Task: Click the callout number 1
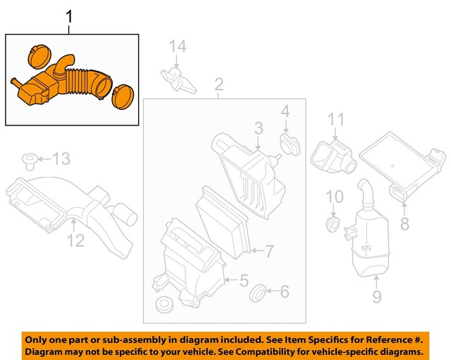(x=69, y=15)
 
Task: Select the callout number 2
(x=218, y=86)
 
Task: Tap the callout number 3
(x=259, y=128)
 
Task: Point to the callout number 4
(x=285, y=111)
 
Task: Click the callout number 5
(x=243, y=281)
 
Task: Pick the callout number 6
(x=285, y=290)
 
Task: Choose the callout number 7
(x=268, y=250)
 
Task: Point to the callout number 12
(x=75, y=240)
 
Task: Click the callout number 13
(x=61, y=159)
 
